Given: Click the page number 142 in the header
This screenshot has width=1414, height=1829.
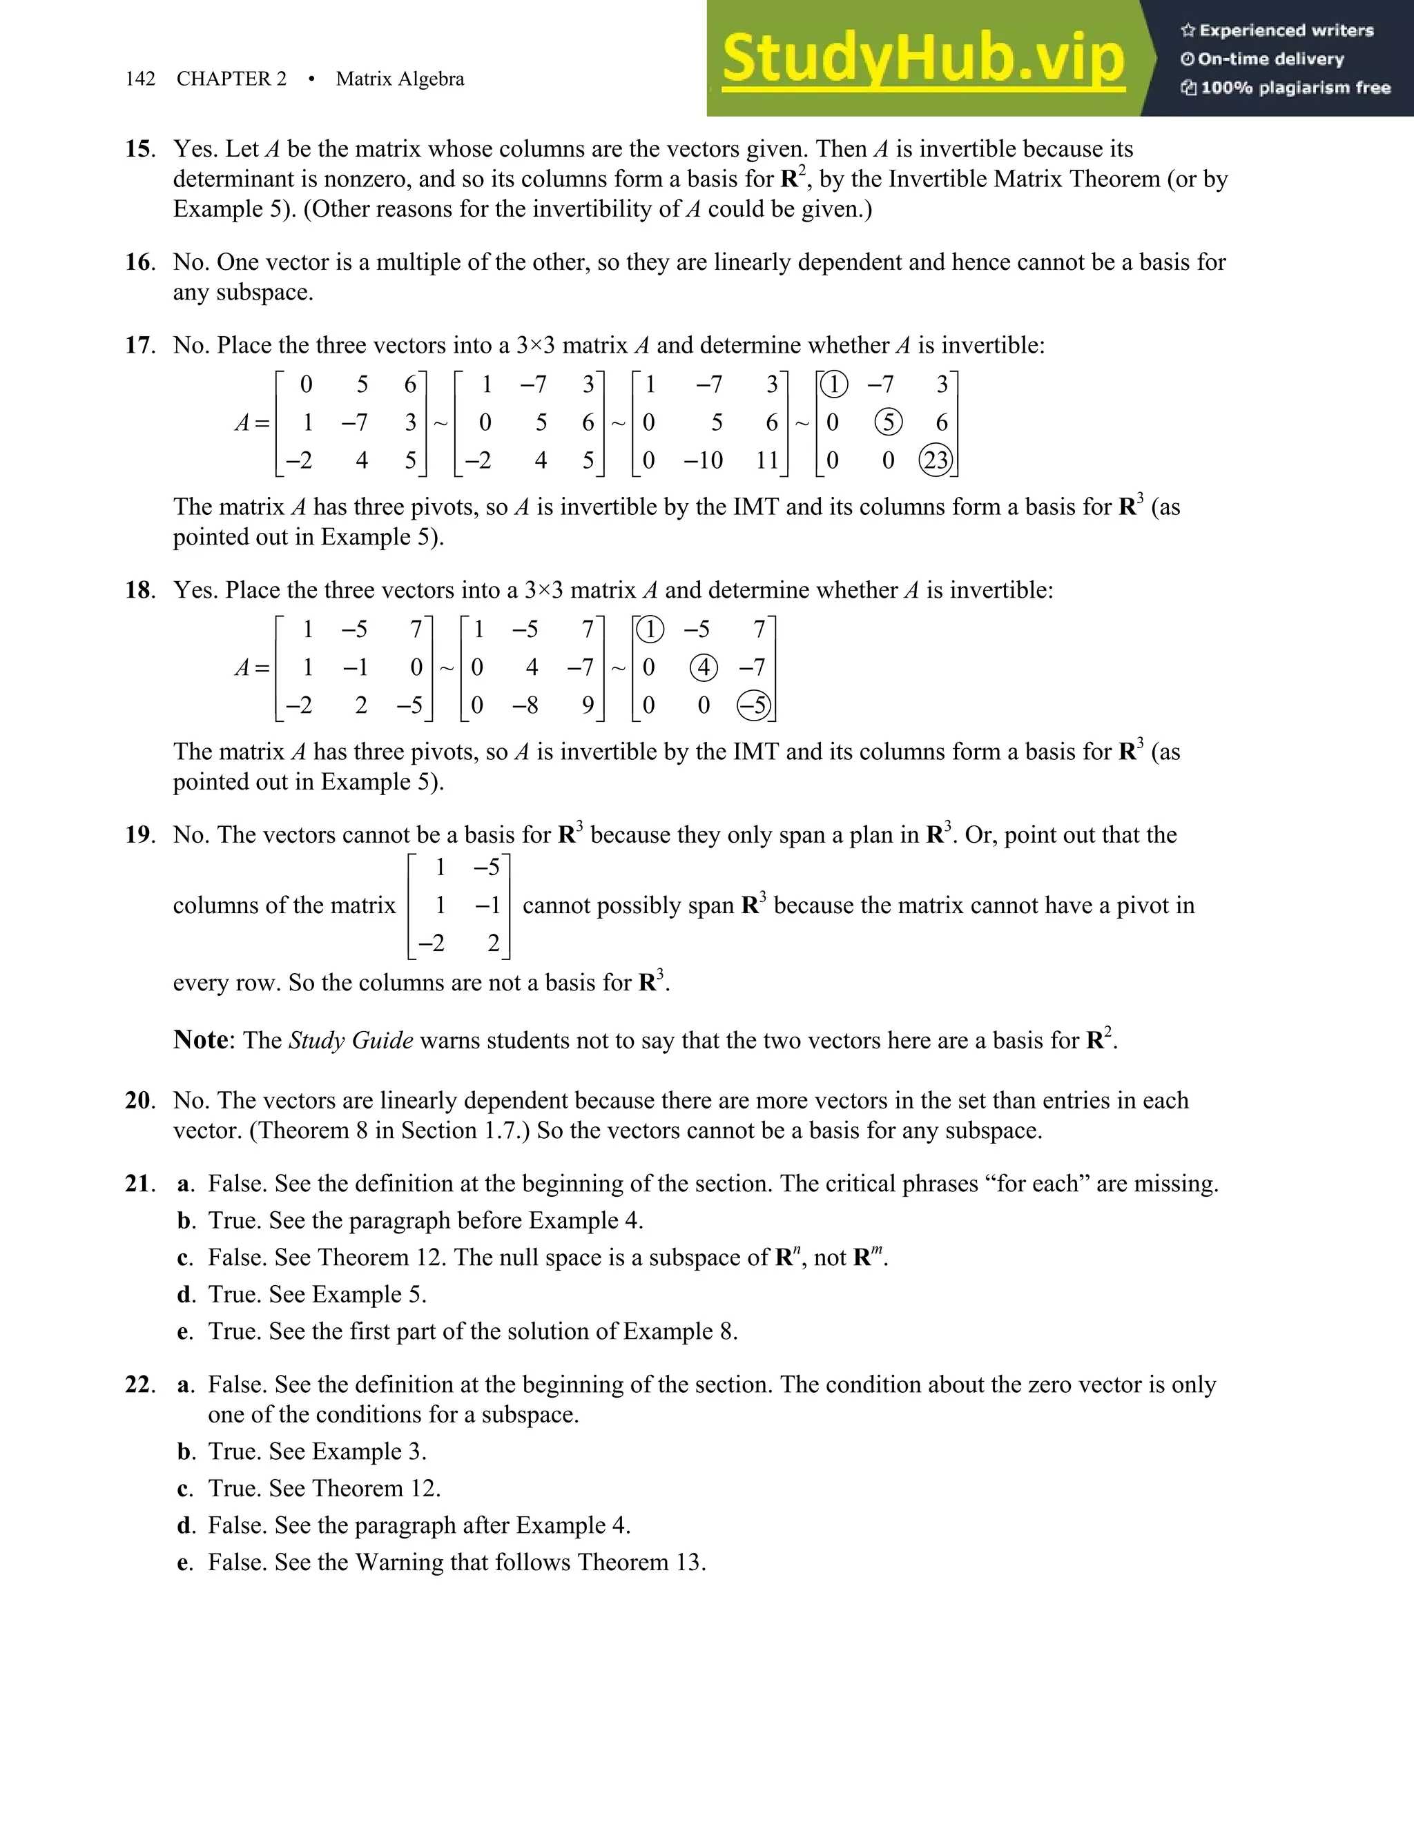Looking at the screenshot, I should (140, 79).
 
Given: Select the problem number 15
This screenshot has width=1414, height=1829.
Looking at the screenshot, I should (139, 149).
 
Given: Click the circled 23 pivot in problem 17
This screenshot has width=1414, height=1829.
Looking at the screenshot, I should (936, 460).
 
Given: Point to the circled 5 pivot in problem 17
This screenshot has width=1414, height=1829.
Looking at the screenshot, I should (888, 422).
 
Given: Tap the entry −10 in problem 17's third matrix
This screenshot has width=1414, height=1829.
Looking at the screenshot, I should (703, 460).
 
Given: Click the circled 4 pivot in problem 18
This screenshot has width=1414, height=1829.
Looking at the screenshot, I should (703, 667).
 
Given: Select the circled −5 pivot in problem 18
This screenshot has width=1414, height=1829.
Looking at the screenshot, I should (753, 705).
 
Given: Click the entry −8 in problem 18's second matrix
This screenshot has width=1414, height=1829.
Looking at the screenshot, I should (525, 705).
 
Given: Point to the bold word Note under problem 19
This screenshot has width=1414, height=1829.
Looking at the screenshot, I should (200, 1040).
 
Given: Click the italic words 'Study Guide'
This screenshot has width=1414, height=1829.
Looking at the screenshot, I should (351, 1041).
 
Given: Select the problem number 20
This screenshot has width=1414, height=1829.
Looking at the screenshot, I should (139, 1100).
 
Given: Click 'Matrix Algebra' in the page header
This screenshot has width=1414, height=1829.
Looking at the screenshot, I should (400, 79).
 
